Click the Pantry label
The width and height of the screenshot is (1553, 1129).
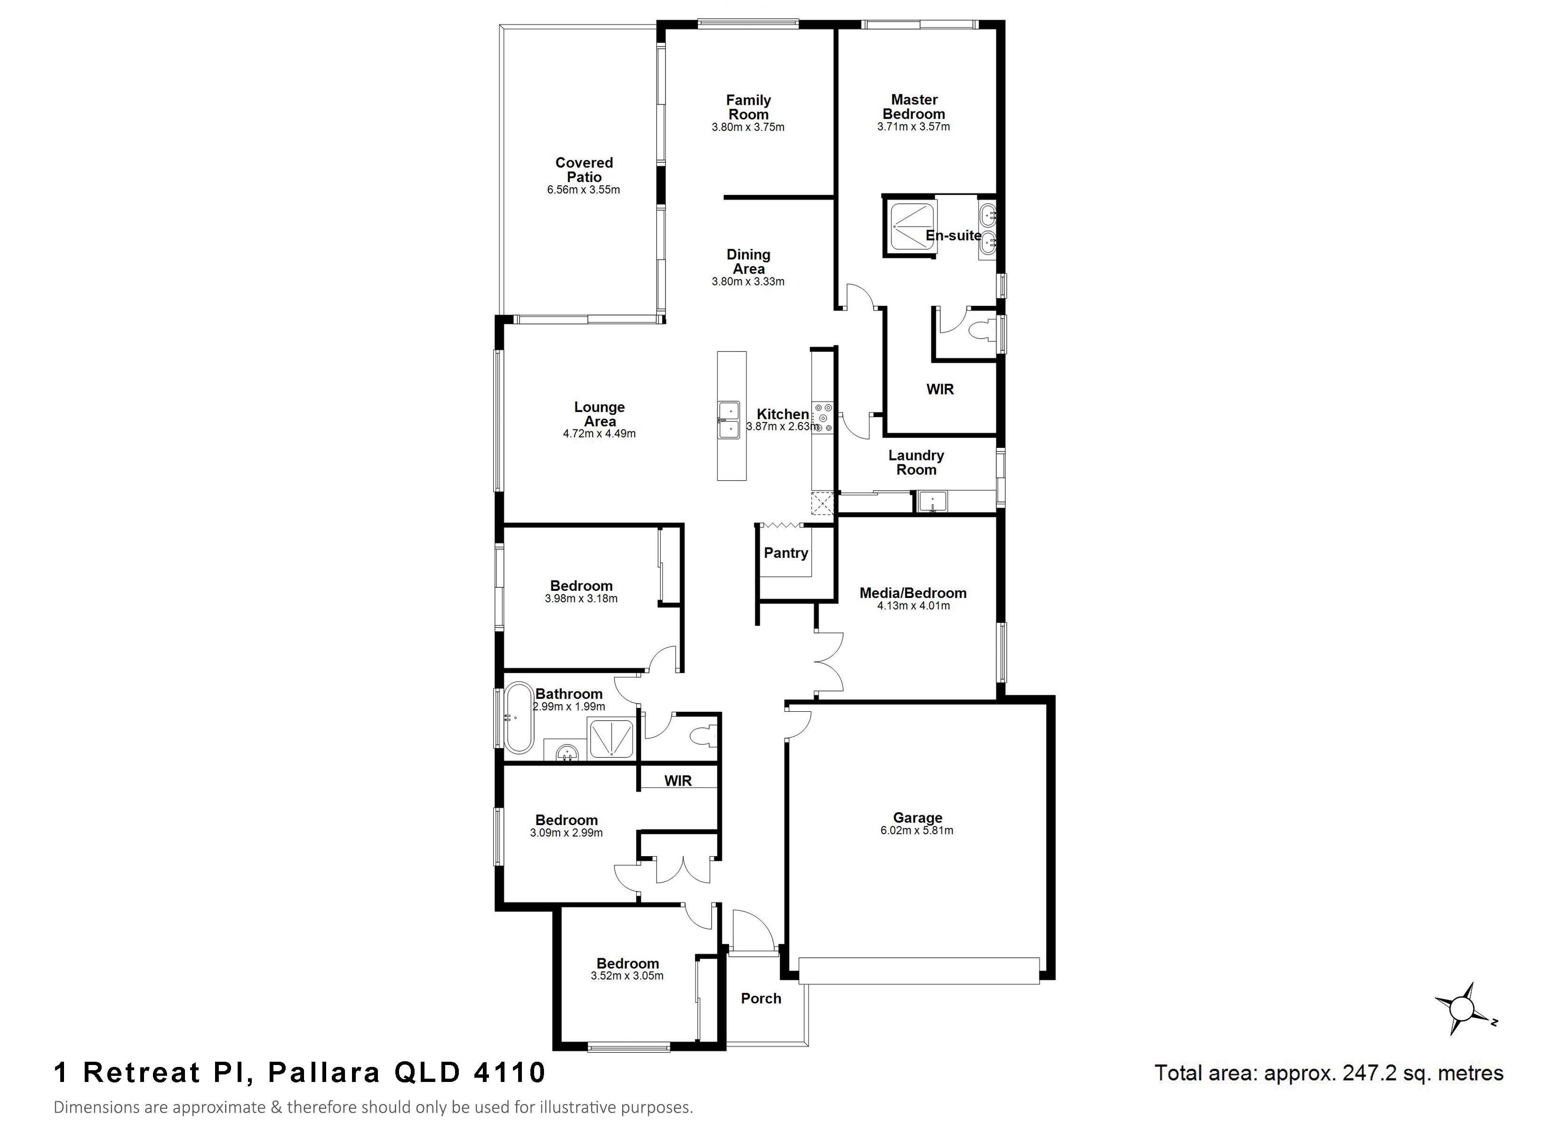point(786,553)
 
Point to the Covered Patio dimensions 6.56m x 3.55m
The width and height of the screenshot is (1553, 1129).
point(584,190)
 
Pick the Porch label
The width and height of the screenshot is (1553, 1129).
point(761,998)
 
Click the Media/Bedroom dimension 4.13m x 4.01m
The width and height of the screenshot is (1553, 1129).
point(914,605)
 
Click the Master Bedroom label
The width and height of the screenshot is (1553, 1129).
point(914,107)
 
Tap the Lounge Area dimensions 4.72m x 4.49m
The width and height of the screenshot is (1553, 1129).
point(599,433)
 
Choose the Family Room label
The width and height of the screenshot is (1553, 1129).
point(748,108)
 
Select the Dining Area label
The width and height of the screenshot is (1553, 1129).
point(748,262)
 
